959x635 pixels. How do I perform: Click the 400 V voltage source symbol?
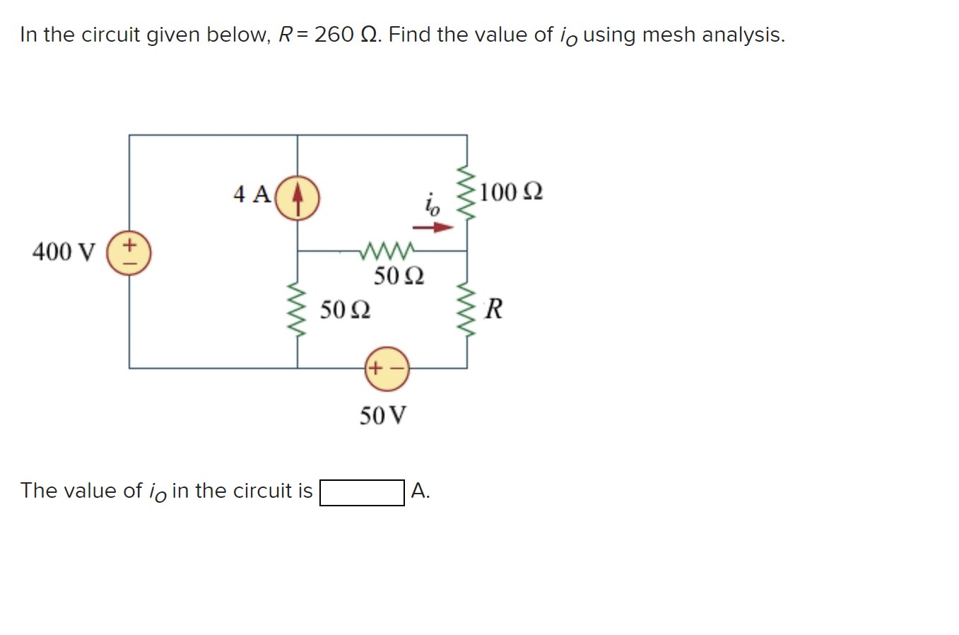tap(129, 252)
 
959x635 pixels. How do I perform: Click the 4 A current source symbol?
tap(297, 197)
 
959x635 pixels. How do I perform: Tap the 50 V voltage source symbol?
tap(387, 368)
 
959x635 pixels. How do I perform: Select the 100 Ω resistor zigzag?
tap(466, 193)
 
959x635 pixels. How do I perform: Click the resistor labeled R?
tap(466, 309)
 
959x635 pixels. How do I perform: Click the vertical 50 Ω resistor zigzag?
tap(298, 309)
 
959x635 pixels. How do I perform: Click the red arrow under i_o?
tap(433, 228)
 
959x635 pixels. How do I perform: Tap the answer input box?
tap(362, 492)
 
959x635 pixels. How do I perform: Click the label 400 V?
tap(64, 252)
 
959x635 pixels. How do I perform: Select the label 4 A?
tap(252, 194)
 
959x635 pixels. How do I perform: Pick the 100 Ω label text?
tap(511, 192)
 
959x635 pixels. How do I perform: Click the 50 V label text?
tap(383, 415)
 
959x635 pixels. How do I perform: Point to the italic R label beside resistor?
tap(494, 309)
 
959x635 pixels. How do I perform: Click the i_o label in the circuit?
tap(432, 204)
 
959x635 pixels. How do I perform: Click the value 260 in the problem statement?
tap(334, 35)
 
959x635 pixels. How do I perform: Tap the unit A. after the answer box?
tap(420, 491)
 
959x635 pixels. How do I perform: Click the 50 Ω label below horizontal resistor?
tap(399, 276)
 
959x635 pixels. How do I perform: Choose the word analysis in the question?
tap(741, 35)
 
